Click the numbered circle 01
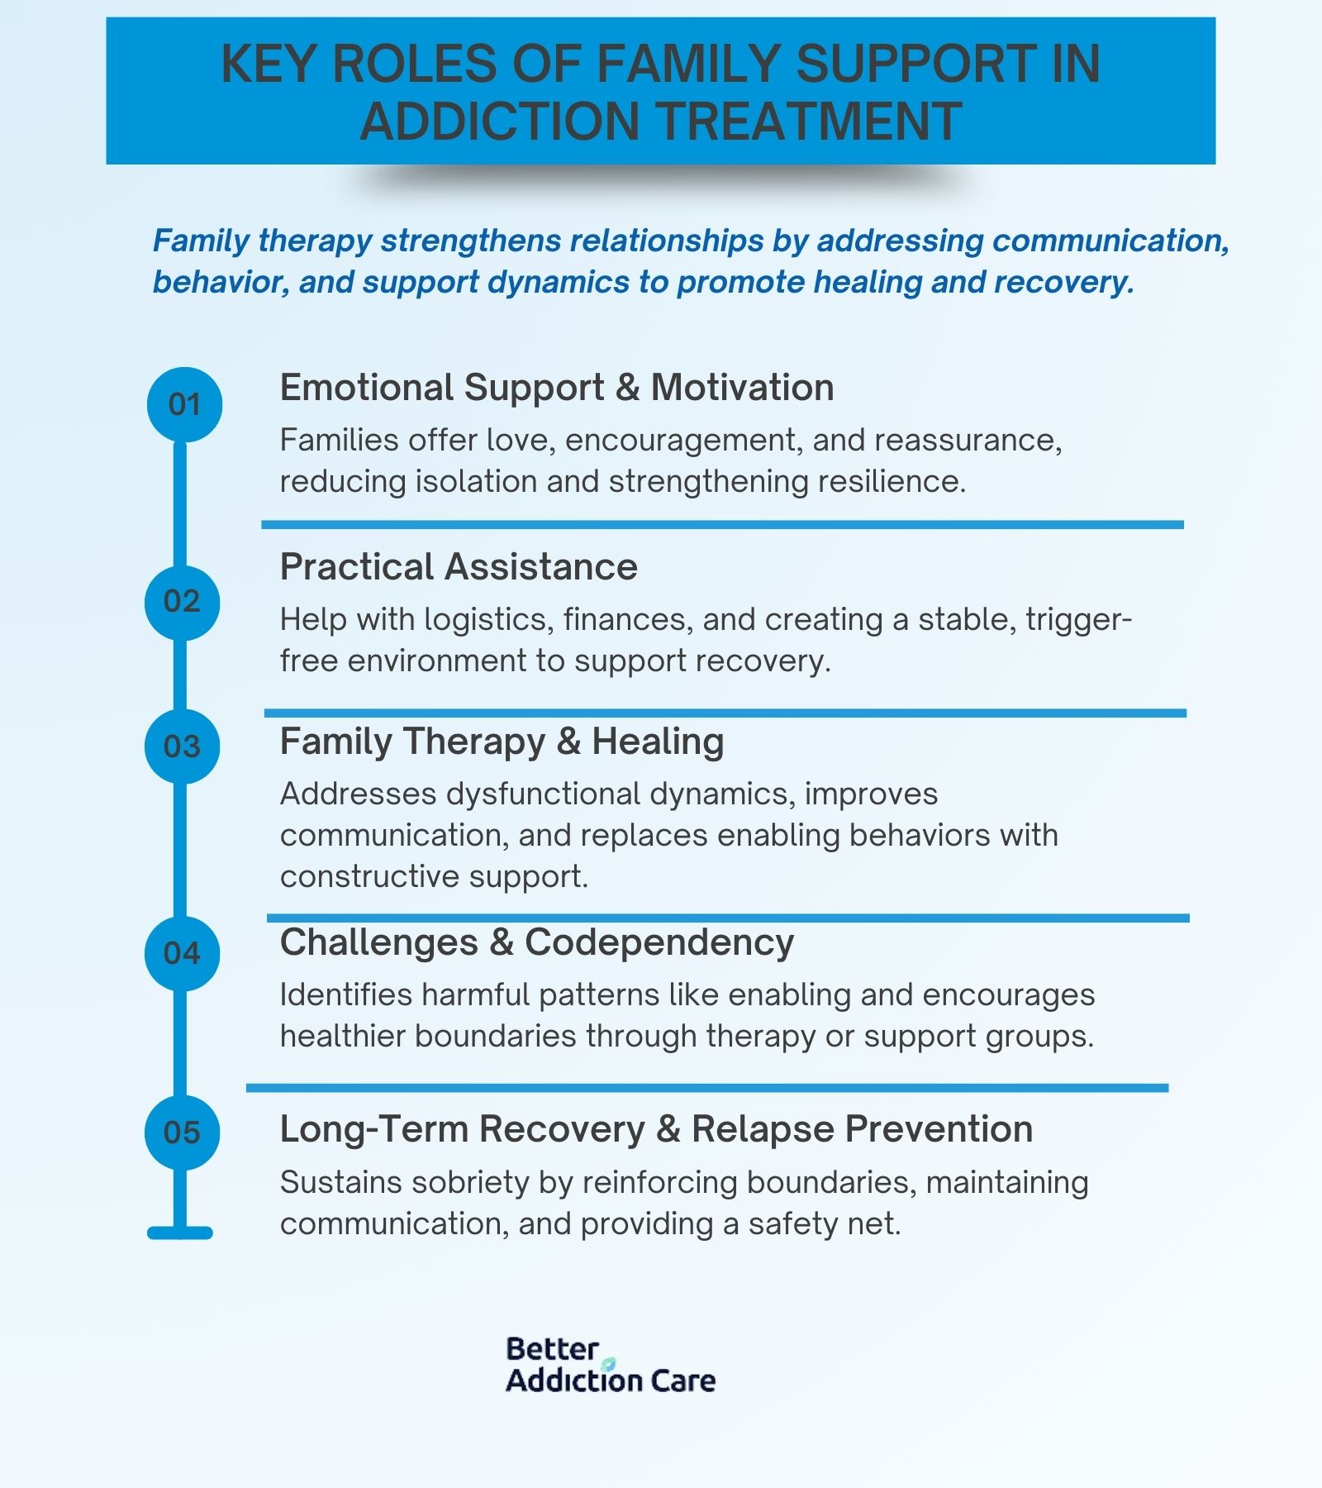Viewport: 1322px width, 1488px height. click(184, 404)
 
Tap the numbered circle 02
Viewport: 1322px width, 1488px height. click(182, 602)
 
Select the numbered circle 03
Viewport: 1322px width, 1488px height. click(182, 746)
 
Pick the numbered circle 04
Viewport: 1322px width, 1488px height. click(182, 953)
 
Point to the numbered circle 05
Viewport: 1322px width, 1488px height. click(182, 1132)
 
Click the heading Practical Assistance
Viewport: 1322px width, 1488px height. click(459, 567)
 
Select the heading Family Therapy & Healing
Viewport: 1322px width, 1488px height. click(502, 742)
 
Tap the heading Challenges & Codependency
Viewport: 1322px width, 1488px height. click(537, 942)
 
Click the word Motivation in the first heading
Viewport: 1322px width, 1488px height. click(742, 388)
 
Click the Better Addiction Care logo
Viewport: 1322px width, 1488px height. click(611, 1365)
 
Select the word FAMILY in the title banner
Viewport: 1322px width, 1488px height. click(687, 64)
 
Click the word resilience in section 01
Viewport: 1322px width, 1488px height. click(892, 481)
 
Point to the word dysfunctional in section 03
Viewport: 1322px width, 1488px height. click(543, 794)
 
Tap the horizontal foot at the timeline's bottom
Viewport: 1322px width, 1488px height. click(180, 1233)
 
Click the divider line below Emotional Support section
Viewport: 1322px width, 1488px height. click(723, 525)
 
